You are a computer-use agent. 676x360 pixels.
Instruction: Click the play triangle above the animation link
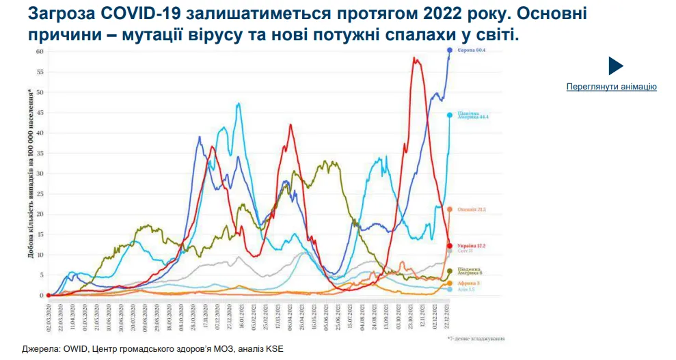[615, 66]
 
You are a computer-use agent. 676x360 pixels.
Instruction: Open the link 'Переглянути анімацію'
[611, 87]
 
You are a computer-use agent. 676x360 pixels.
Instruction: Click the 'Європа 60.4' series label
[471, 51]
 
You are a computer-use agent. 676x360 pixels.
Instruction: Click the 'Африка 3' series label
[468, 283]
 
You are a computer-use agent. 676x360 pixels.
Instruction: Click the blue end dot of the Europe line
[450, 51]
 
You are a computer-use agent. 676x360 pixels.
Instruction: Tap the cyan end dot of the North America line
[450, 115]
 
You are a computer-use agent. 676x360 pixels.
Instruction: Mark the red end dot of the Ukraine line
[450, 246]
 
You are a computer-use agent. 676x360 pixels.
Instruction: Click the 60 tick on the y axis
[40, 52]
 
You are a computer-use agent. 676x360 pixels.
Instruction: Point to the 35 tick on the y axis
[40, 154]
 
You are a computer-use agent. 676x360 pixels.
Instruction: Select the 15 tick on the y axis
[40, 234]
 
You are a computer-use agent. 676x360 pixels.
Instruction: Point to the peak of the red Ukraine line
[414, 59]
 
